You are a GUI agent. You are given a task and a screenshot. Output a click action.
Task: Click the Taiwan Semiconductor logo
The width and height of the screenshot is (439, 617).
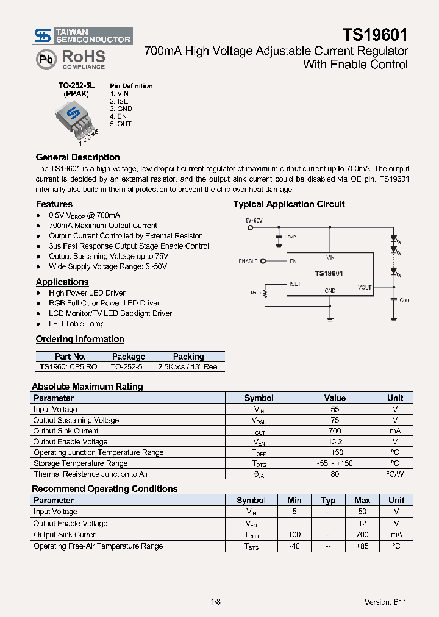coord(82,36)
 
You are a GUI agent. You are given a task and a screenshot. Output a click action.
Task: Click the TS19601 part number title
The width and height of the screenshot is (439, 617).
coord(374,35)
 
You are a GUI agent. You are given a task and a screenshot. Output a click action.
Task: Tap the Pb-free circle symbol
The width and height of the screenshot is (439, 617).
coord(46,59)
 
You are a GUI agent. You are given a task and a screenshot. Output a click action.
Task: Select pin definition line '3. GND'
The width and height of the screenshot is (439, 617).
coord(121,109)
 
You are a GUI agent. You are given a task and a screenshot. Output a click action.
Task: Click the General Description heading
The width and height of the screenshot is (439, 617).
coord(77,157)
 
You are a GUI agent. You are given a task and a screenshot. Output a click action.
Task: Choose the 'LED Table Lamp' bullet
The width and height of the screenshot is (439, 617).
coord(76,324)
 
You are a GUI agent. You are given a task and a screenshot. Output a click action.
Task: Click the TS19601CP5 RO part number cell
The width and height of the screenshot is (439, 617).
coord(68,367)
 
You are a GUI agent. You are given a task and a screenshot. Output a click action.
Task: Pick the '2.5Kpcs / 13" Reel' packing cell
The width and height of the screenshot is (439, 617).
coord(188,367)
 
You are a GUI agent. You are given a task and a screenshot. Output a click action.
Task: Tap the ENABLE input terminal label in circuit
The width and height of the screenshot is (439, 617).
coord(248,262)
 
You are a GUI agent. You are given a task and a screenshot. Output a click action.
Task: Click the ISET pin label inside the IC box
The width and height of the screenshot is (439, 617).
coord(295,284)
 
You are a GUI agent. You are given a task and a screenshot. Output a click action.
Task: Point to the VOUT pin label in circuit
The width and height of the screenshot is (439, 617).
coord(365,287)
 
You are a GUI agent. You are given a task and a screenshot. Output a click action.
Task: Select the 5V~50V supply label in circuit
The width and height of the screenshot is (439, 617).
coord(254,219)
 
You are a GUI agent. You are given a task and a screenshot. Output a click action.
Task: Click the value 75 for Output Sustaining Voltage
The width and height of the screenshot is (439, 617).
coord(334,420)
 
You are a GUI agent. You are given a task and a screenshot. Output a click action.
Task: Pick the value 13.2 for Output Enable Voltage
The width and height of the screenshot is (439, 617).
coord(334,441)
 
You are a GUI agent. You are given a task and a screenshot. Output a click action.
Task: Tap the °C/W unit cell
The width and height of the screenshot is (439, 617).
coord(395,474)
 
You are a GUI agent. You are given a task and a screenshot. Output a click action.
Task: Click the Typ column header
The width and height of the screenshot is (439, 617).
coord(328,500)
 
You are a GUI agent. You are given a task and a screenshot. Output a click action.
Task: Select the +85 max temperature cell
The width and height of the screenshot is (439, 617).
coord(362,546)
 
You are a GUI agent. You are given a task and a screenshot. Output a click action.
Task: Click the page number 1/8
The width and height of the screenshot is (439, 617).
coord(215,602)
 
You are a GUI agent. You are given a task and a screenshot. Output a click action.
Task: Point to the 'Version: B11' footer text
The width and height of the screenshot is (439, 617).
coord(385,602)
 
